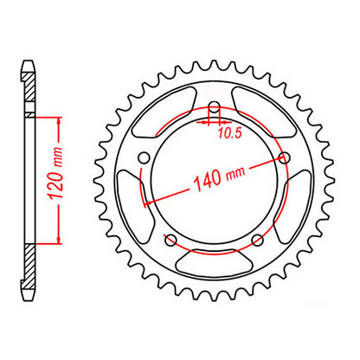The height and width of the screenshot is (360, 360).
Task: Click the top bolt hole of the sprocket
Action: point(213,107)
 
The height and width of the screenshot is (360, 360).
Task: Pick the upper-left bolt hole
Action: point(144,157)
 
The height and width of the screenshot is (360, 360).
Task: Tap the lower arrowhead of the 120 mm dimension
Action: point(57,242)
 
